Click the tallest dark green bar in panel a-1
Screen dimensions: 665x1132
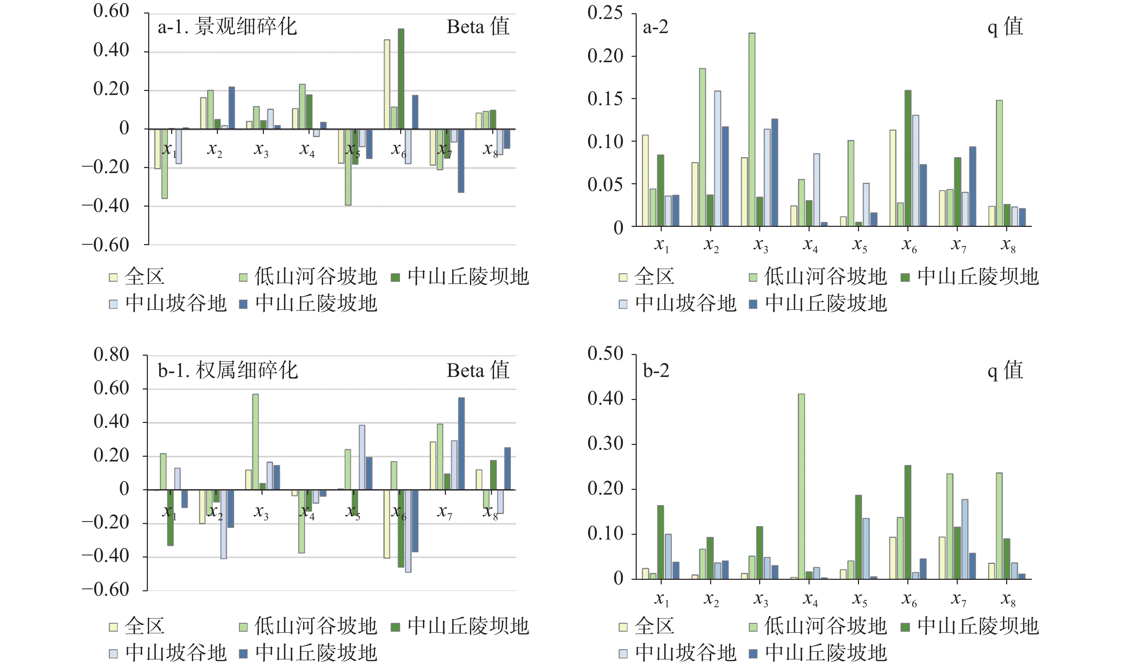coord(401,78)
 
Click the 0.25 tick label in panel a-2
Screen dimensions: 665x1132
coord(605,13)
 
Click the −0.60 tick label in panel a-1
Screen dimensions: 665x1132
coord(105,245)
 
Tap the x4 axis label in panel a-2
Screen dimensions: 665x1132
coord(810,245)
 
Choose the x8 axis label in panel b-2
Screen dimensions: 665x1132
coord(1008,599)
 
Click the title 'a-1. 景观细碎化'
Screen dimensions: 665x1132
coord(227,26)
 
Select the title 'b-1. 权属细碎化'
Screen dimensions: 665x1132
coord(228,371)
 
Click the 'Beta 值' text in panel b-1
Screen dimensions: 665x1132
coord(478,371)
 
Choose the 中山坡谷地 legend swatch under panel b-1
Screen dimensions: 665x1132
coord(113,653)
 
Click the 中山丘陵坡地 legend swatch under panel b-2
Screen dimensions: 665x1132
coord(753,653)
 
